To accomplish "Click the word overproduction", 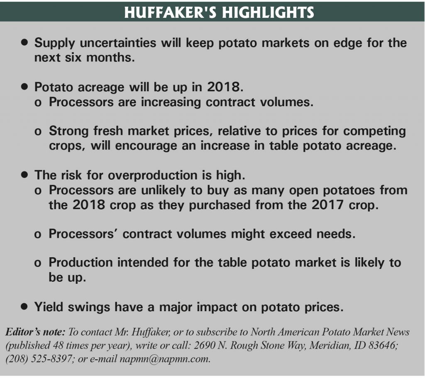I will click(x=152, y=176).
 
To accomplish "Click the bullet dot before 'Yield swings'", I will click(x=25, y=307).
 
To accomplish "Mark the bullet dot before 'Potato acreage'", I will click(x=25, y=88).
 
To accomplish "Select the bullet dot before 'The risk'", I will click(x=25, y=175).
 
